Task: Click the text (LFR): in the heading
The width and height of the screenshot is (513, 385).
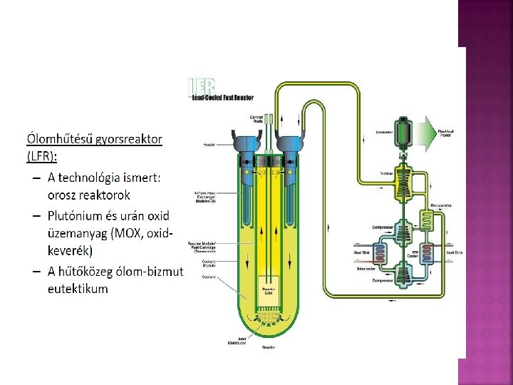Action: [x=42, y=155]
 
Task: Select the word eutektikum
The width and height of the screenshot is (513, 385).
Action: [x=78, y=289]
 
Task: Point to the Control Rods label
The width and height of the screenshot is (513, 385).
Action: [x=257, y=118]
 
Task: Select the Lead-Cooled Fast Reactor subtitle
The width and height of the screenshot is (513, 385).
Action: [x=223, y=98]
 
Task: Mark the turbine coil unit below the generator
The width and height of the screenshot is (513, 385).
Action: [x=407, y=178]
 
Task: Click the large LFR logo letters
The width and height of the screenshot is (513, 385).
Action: [x=204, y=84]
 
